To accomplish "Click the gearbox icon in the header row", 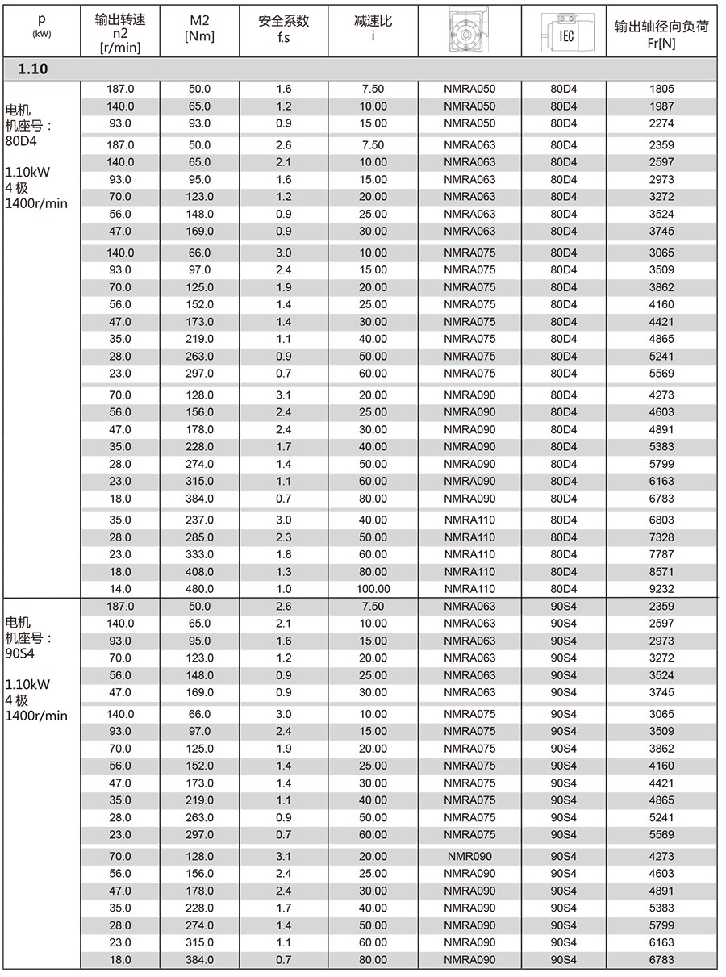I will tap(469, 33).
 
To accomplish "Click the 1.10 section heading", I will tap(33, 69).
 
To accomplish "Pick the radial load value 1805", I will tap(661, 89).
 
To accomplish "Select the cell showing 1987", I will tap(661, 106).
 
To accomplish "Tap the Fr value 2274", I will tap(661, 123).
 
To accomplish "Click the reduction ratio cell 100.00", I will tap(373, 589).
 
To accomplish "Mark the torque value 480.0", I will tap(199, 589).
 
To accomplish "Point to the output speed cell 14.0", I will tap(120, 589).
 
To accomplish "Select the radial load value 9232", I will tap(661, 589).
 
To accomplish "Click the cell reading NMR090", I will tap(469, 857).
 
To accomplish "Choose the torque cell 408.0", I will tap(199, 572).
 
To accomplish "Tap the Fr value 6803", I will tap(661, 520).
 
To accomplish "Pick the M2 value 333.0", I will tap(199, 554).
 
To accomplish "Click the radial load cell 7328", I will tap(661, 537).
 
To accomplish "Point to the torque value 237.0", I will tap(199, 520).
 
